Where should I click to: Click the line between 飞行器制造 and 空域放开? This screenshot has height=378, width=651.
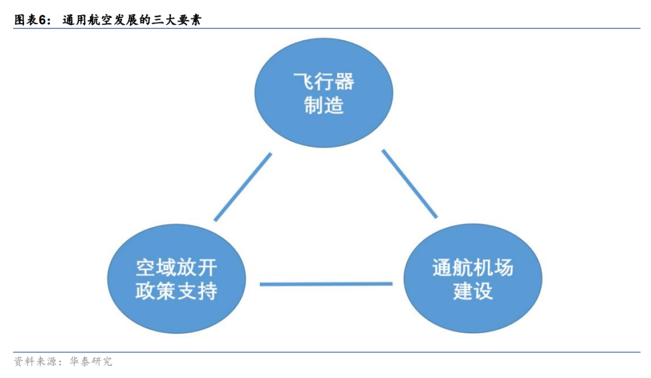(x=243, y=187)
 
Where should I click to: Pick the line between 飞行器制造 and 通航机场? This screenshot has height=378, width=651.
(x=409, y=183)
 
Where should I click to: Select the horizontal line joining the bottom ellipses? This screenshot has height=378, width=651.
(x=325, y=283)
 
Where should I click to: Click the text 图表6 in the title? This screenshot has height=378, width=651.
(x=30, y=20)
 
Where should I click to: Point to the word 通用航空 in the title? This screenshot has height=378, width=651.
(x=86, y=20)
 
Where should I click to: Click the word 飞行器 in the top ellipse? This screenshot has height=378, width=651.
(x=324, y=82)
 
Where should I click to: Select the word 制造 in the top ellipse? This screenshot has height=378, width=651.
(x=324, y=106)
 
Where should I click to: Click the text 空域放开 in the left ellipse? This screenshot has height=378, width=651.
(x=176, y=267)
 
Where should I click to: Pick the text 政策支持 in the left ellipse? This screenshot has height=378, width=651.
(x=176, y=291)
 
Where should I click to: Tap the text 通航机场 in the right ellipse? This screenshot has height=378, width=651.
(x=473, y=267)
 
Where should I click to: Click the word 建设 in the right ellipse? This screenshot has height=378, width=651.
(x=473, y=291)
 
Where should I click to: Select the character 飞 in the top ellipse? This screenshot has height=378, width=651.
(x=303, y=82)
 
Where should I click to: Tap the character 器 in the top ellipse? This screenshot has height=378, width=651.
(x=345, y=82)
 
